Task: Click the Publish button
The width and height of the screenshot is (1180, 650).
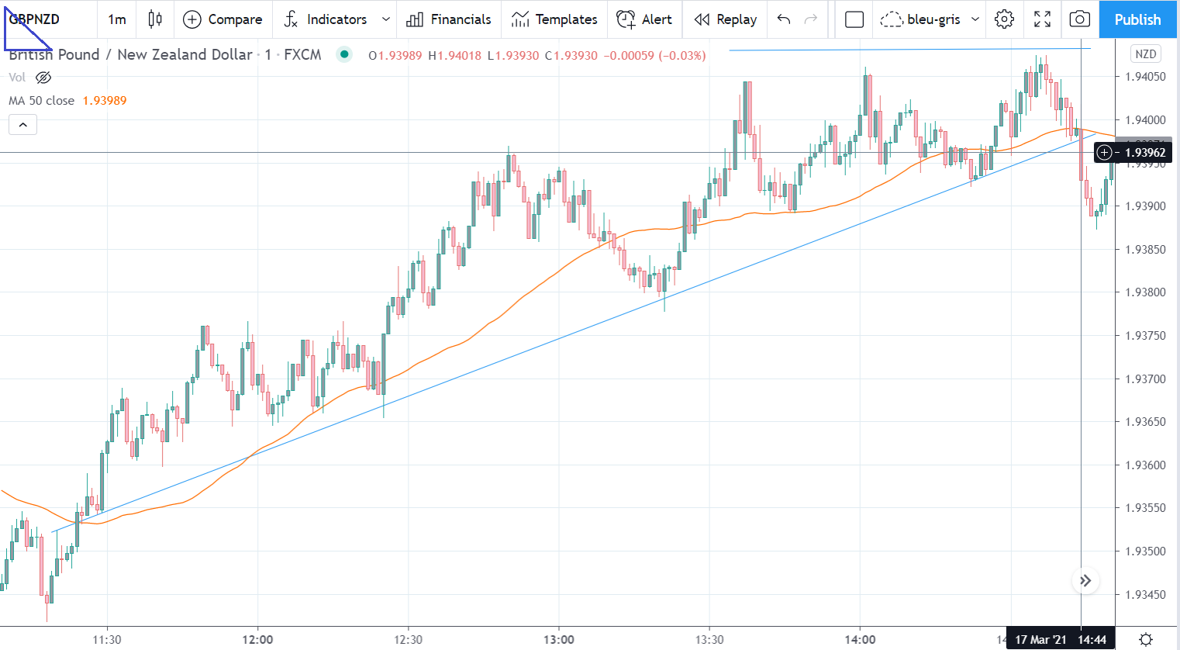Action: [x=1137, y=19]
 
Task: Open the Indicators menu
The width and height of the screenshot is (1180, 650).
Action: [x=336, y=19]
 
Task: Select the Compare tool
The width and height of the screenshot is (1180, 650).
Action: [x=223, y=19]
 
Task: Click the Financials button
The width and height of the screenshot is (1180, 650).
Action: [x=449, y=19]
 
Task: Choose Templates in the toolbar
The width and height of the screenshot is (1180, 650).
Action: [x=554, y=19]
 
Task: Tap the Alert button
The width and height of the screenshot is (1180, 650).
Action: [x=644, y=19]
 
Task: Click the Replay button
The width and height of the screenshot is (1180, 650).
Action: [x=726, y=19]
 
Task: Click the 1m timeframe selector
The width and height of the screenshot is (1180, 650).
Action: [x=117, y=19]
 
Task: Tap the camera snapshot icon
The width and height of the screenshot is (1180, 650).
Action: [x=1079, y=19]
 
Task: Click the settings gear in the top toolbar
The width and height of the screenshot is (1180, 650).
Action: [x=1004, y=19]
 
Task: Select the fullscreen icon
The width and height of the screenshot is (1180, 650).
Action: [x=1042, y=19]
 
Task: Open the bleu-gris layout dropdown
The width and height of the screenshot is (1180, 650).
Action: [x=930, y=19]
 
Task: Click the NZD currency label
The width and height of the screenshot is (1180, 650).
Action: [x=1145, y=54]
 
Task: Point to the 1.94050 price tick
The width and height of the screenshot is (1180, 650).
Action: [x=1145, y=77]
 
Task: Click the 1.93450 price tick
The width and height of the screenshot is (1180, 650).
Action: [x=1145, y=594]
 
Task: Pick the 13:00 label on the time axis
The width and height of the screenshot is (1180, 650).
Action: [x=558, y=640]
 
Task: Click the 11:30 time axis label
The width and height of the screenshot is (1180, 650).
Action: [x=107, y=640]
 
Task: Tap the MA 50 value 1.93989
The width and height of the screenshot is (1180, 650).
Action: [x=105, y=101]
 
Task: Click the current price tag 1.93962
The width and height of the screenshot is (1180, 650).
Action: [x=1144, y=153]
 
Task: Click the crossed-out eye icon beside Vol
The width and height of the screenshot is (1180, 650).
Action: [x=44, y=78]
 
